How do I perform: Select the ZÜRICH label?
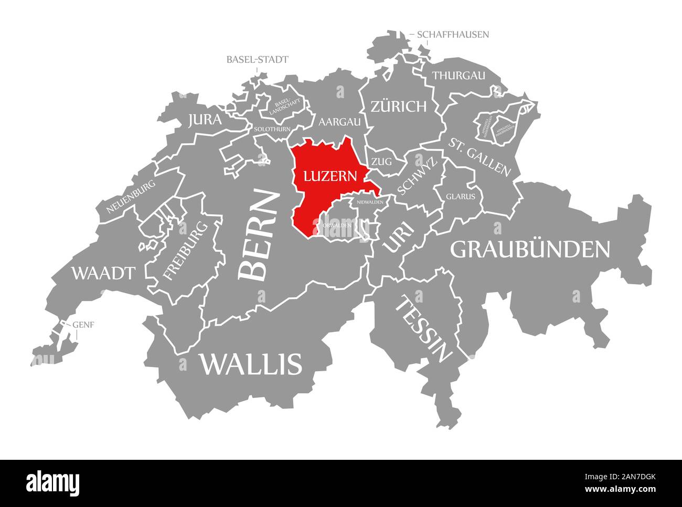(x=398, y=107)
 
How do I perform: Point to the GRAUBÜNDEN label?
(x=530, y=250)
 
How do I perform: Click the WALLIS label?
(x=250, y=363)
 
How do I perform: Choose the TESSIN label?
(x=424, y=329)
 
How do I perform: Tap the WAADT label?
(x=103, y=273)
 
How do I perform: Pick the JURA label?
(x=205, y=120)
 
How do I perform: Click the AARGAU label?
(x=340, y=122)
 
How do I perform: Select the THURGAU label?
(x=459, y=75)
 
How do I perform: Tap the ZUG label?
(x=382, y=161)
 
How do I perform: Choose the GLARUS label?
(x=461, y=197)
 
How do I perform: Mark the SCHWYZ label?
(x=417, y=177)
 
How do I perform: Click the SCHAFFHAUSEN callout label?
(x=453, y=35)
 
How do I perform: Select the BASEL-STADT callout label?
(x=257, y=59)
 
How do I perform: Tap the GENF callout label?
(x=83, y=325)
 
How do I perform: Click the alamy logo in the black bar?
(x=53, y=482)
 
